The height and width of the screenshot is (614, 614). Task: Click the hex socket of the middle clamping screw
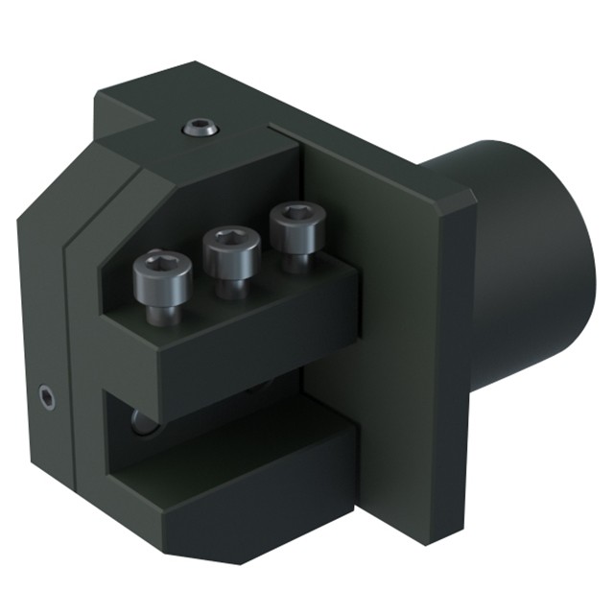click(231, 236)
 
